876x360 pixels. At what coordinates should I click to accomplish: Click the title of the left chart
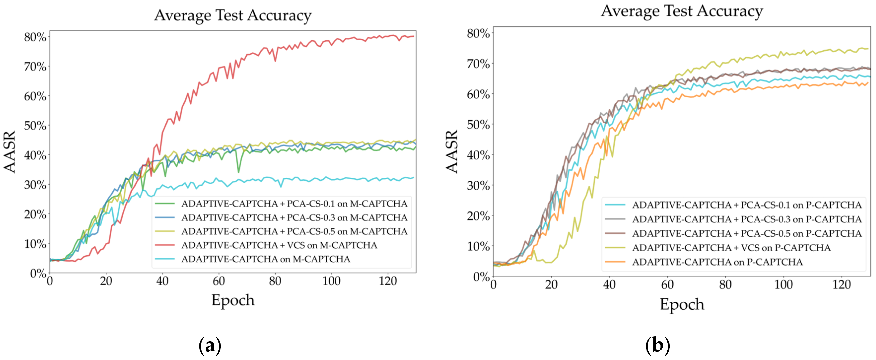pyautogui.click(x=233, y=15)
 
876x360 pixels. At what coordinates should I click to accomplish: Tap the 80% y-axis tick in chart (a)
pyautogui.click(x=35, y=37)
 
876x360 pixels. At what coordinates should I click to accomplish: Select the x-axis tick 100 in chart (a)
pyautogui.click(x=331, y=281)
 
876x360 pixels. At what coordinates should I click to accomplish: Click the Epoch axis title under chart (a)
pyautogui.click(x=233, y=300)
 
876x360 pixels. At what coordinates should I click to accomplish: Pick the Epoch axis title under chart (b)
pyautogui.click(x=682, y=304)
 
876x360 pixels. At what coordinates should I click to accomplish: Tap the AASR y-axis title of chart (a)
pyautogui.click(x=10, y=152)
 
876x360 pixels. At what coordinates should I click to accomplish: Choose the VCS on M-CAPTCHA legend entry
pyautogui.click(x=279, y=245)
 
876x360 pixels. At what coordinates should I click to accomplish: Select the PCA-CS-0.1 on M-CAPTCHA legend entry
pyautogui.click(x=294, y=204)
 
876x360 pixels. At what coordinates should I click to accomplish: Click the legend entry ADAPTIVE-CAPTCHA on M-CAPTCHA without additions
pyautogui.click(x=265, y=259)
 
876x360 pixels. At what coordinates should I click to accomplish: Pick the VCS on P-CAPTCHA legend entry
pyautogui.click(x=731, y=248)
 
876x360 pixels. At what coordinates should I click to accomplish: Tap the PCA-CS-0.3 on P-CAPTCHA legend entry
pyautogui.click(x=746, y=219)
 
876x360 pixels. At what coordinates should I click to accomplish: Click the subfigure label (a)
pyautogui.click(x=210, y=345)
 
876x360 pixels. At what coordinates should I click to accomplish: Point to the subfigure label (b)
pyautogui.click(x=657, y=345)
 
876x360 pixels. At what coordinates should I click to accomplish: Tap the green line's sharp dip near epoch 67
pyautogui.click(x=238, y=172)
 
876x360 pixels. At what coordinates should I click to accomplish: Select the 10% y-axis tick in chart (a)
pyautogui.click(x=35, y=244)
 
